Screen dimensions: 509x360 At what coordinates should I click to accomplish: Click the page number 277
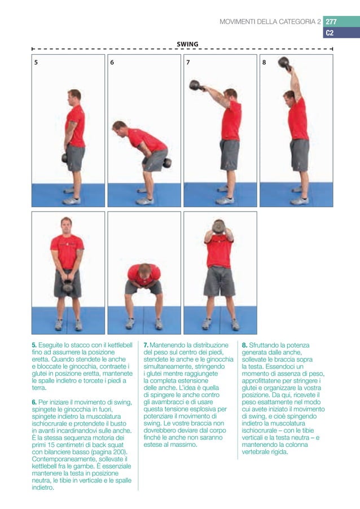(331, 22)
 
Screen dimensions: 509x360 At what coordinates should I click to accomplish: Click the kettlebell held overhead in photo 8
(284, 63)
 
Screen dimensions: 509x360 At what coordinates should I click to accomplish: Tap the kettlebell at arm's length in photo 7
(195, 85)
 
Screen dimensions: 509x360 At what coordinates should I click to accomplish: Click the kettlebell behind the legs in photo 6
(167, 163)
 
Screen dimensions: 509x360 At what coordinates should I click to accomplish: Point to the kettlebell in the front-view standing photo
(68, 286)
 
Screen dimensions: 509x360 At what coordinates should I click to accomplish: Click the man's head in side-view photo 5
(74, 95)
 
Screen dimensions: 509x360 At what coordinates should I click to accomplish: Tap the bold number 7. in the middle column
(146, 345)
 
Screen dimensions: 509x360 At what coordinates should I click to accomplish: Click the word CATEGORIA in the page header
(289, 22)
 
